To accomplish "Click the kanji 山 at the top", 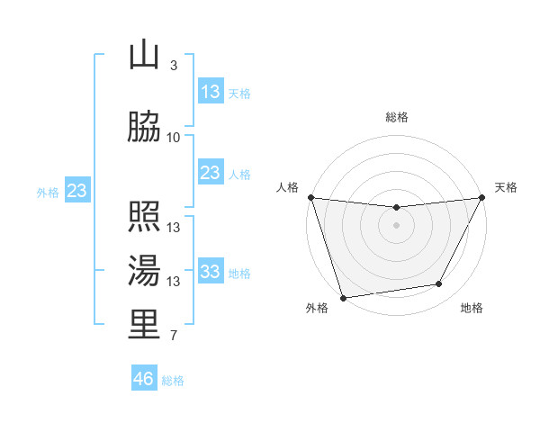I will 144,56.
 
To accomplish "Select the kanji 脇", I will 144,127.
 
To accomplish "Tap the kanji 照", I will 144,217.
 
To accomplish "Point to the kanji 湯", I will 144,271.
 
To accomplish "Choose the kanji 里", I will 144,325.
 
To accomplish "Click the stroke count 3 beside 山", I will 174,66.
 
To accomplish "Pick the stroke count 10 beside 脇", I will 174,137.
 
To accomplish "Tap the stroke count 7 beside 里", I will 174,336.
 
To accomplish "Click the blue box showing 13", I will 211,91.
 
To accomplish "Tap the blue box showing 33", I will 211,272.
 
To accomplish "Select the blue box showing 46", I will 144,379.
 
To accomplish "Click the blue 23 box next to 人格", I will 211,172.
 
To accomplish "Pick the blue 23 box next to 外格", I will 76,190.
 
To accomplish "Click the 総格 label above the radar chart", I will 397,117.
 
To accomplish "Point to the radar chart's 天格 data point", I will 482,197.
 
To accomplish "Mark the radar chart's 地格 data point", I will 439,284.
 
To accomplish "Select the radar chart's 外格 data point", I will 343,297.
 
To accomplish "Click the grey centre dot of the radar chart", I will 396,225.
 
